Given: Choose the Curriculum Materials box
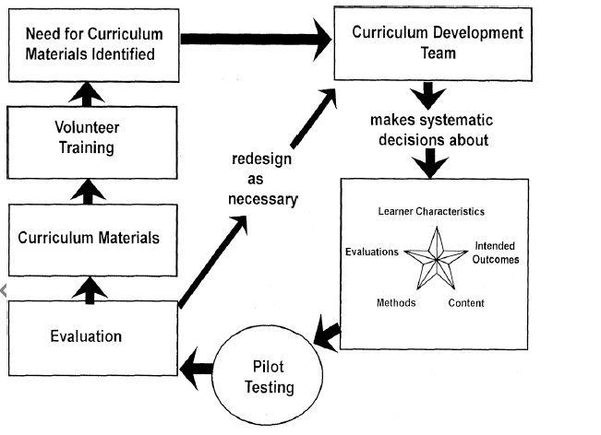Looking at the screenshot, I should coord(89,238).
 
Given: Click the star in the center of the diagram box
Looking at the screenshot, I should coord(438,261).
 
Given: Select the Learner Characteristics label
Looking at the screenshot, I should coord(431,211).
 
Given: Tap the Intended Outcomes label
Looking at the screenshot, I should coord(496,253).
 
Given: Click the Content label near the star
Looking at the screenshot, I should coord(466,302).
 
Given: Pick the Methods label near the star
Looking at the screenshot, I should coord(396,302).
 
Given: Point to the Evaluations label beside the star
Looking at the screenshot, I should coord(372,251).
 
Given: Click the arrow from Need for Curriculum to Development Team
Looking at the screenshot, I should coord(254,40).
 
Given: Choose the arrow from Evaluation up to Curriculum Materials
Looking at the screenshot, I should coord(89,288).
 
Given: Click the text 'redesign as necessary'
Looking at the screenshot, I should coord(264,179).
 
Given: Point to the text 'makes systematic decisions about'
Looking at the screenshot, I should coord(431,131).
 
